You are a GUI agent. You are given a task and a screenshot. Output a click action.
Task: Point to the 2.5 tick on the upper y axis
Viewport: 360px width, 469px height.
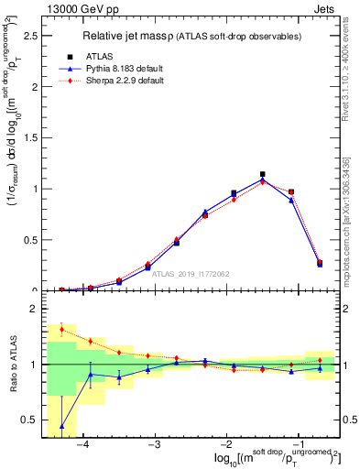click(x=31, y=36)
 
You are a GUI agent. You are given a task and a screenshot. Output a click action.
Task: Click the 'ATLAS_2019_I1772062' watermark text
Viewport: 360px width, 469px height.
click(x=191, y=272)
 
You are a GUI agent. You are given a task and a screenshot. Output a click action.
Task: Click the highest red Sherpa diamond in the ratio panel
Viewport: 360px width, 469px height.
click(x=61, y=329)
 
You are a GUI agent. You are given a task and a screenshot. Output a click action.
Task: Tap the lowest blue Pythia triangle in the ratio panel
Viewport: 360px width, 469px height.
click(x=61, y=426)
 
